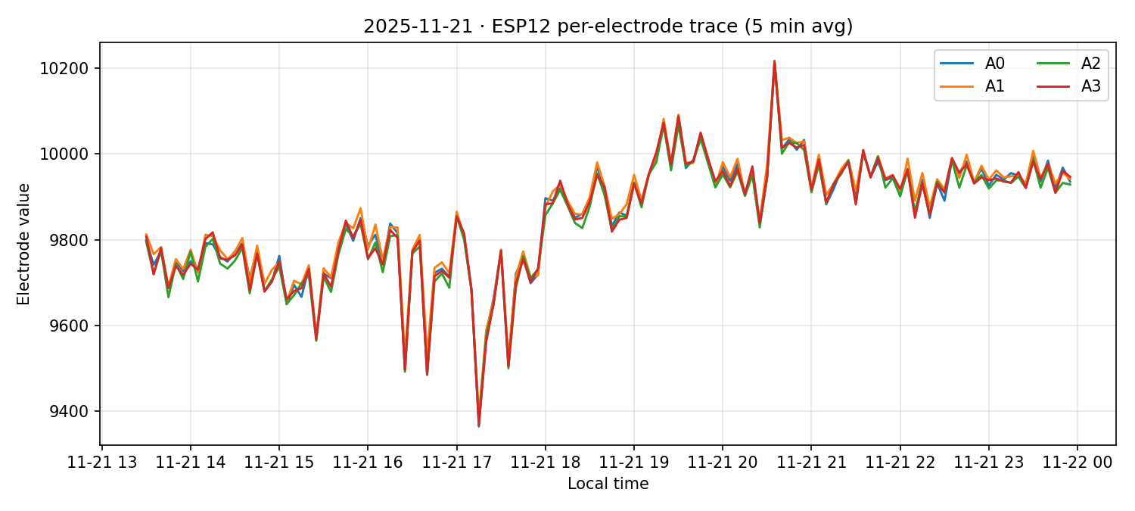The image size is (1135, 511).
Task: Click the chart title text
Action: coord(608,26)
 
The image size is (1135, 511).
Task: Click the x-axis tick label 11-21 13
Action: coord(101,462)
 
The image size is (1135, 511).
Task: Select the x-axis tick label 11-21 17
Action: coord(456,462)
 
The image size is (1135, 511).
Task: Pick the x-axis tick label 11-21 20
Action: coord(723,462)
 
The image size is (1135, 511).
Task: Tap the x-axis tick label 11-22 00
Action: coord(1077,462)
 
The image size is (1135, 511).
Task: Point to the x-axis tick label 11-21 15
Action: coord(278,462)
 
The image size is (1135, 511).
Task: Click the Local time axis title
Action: coord(608,484)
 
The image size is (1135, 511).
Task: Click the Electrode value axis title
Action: coord(24,244)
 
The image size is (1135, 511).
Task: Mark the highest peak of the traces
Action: coord(774,61)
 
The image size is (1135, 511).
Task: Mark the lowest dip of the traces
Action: coord(478,425)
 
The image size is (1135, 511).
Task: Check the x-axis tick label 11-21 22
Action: coord(900,462)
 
